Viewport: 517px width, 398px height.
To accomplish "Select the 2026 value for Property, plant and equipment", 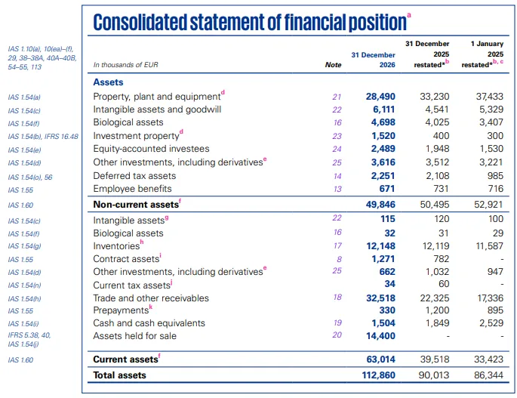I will tap(380, 97).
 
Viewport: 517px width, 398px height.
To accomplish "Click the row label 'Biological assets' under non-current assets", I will tap(128, 122).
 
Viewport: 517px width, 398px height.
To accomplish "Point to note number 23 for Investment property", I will tap(337, 136).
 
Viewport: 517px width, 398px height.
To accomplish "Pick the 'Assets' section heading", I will tap(108, 82).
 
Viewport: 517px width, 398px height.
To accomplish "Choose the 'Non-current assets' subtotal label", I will tap(134, 205).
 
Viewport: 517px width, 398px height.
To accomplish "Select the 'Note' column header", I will tap(333, 65).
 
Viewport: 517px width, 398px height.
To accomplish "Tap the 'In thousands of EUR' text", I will tap(125, 65).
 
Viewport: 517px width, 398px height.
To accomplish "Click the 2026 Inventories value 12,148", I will tap(380, 246).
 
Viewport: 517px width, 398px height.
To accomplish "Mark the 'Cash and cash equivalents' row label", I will tap(149, 323).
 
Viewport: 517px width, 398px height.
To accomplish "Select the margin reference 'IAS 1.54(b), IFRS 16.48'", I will tap(43, 136).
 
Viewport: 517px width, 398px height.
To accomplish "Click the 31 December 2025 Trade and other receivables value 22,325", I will tap(434, 298).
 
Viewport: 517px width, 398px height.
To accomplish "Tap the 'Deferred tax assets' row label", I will tap(134, 175).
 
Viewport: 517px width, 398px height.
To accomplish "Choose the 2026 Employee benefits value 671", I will tap(385, 188).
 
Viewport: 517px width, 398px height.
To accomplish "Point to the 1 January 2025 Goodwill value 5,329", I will tap(488, 110).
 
